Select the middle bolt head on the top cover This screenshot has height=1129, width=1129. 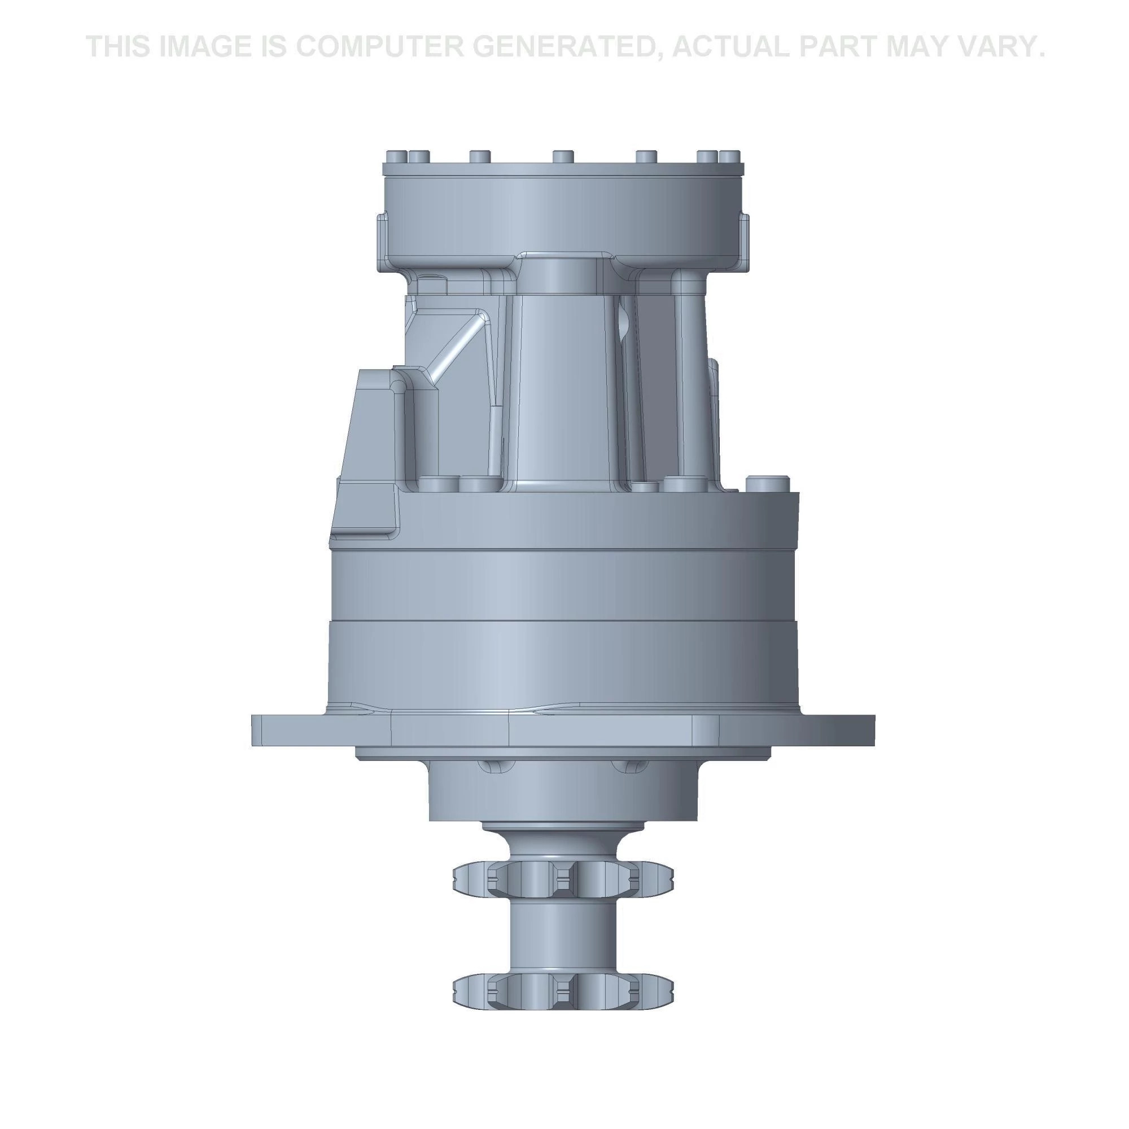point(563,156)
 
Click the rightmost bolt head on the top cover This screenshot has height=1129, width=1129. point(729,156)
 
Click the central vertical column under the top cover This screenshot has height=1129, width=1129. point(563,380)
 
